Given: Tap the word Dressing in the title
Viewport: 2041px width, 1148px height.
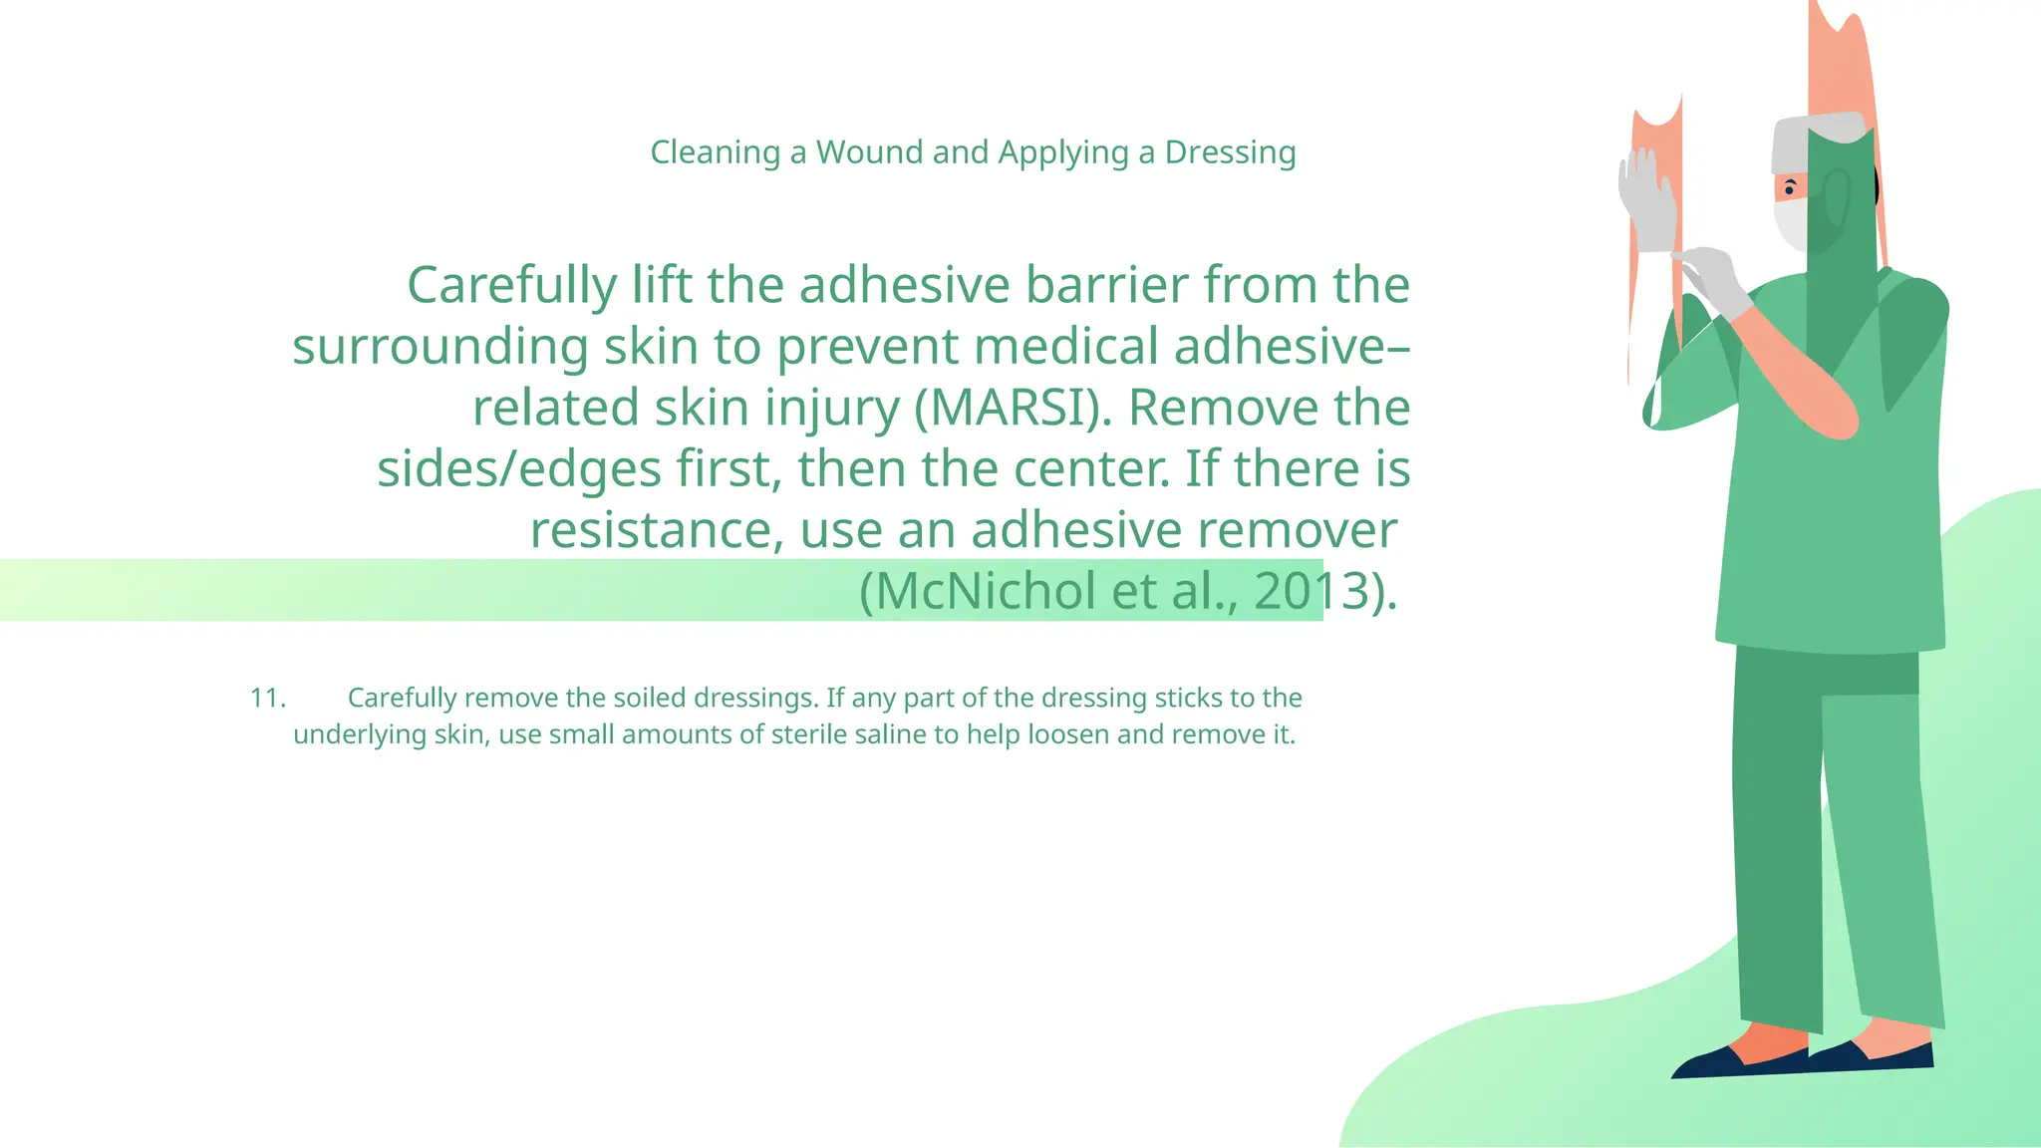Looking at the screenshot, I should coord(1230,152).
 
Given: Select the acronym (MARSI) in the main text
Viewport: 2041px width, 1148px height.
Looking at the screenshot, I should coord(1013,408).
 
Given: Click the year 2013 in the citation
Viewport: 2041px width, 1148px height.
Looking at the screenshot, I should coord(1310,591).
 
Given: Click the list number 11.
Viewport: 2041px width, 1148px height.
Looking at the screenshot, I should coord(267,698).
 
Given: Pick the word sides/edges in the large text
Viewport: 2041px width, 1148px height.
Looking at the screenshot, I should coord(518,468).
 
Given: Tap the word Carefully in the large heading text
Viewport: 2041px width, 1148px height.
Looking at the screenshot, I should coord(511,285).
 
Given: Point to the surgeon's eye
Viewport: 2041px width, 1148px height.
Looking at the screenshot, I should coord(1790,188).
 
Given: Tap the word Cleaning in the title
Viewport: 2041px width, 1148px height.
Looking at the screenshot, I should coord(715,152).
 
